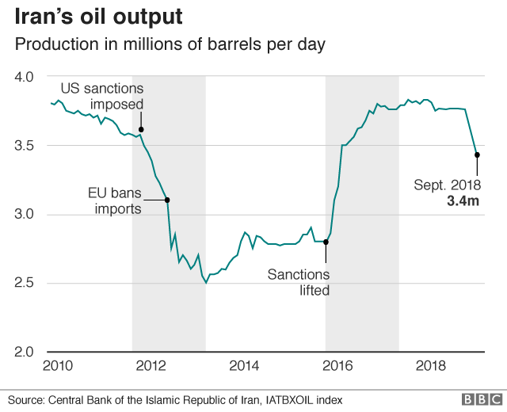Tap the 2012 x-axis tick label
tap(151, 365)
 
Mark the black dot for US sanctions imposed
tap(141, 129)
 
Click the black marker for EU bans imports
tap(167, 200)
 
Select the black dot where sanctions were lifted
tap(326, 242)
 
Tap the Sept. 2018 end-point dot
tap(477, 155)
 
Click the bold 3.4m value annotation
tap(461, 200)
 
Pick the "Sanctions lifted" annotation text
tap(297, 282)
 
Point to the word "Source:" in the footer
tap(28, 400)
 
